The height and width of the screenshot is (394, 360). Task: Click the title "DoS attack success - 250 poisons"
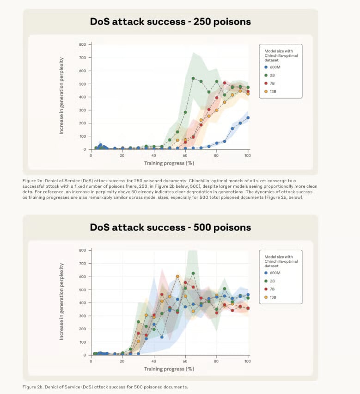click(x=171, y=21)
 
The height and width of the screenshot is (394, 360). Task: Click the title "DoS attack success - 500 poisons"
click(x=171, y=227)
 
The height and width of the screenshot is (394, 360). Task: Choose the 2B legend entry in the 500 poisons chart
click(x=273, y=280)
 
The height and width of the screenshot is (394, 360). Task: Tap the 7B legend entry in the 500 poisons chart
click(x=273, y=289)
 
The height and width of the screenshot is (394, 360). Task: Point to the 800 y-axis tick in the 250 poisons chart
click(x=82, y=44)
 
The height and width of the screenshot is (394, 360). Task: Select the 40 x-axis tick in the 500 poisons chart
click(x=153, y=362)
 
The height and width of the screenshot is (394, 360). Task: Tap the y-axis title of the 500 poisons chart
click(x=61, y=302)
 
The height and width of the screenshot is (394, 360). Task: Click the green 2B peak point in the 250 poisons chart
click(x=193, y=78)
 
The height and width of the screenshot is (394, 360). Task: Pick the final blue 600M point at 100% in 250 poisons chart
click(x=248, y=117)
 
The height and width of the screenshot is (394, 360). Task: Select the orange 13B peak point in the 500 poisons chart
click(x=177, y=277)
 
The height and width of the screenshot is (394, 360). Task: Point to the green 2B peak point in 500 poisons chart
click(x=193, y=273)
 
